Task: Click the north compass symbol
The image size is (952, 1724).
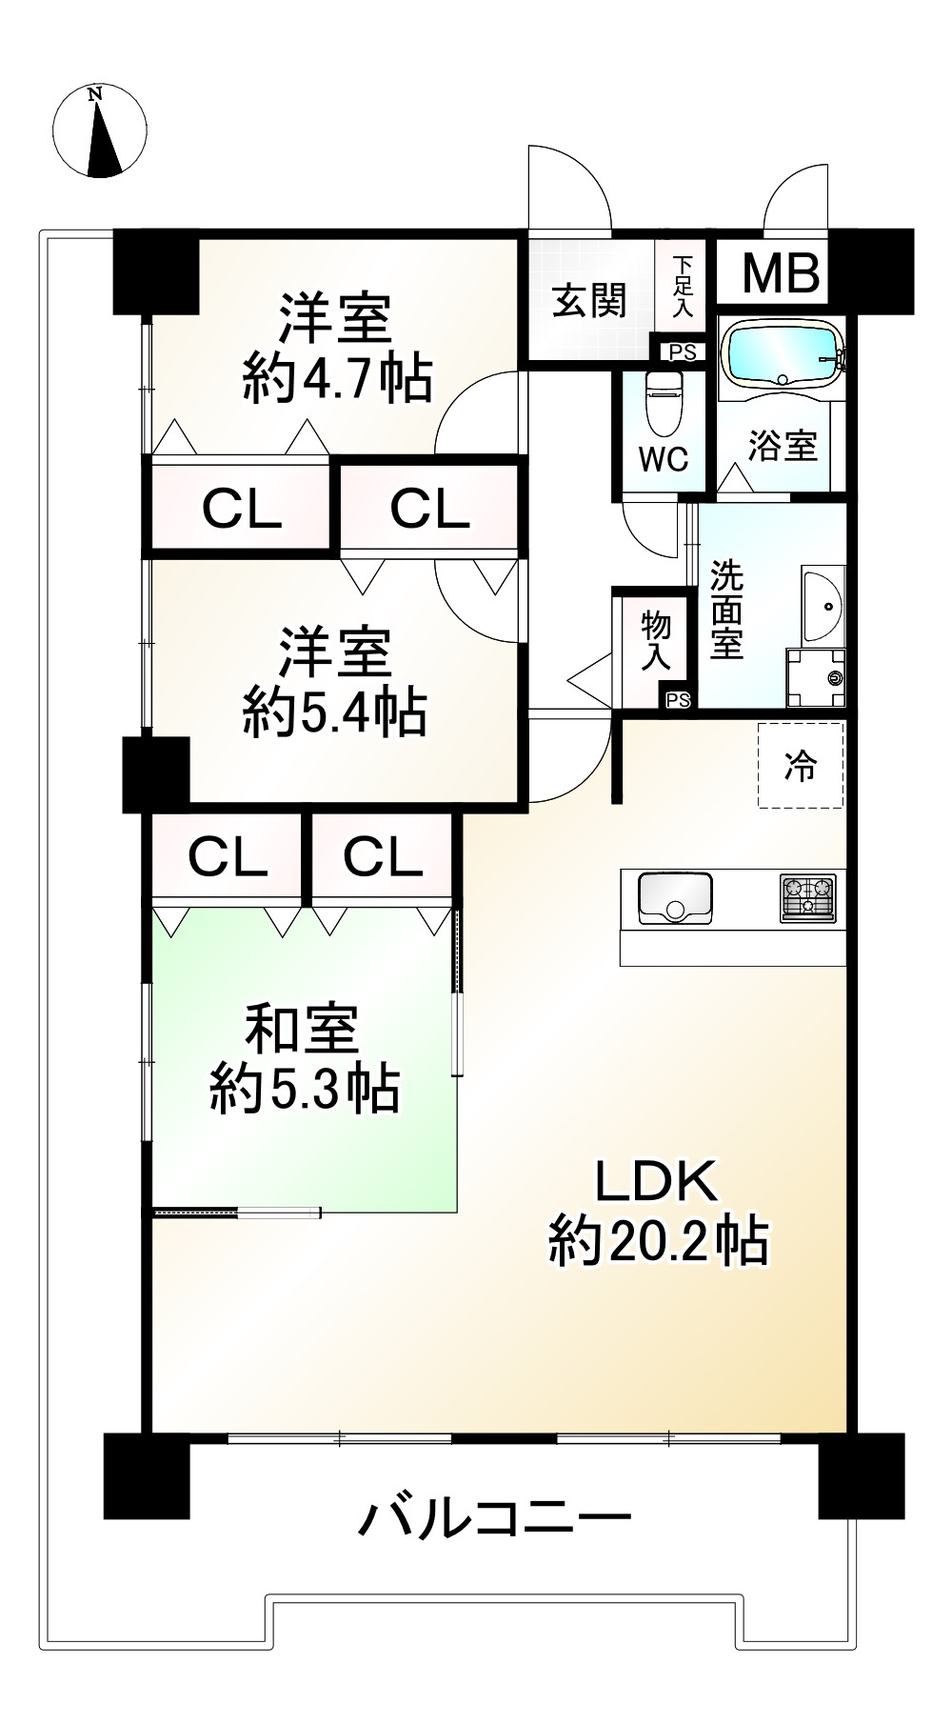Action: (100, 131)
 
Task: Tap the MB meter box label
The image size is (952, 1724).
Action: (781, 273)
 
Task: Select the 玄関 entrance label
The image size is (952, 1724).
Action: (590, 301)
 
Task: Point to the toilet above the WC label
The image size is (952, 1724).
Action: (664, 401)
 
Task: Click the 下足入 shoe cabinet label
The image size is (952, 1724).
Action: (683, 287)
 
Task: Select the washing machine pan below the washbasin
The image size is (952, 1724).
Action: (816, 678)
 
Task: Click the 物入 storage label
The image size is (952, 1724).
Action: (656, 641)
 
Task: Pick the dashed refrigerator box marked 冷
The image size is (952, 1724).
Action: (801, 766)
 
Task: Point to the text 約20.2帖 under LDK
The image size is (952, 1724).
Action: (658, 1240)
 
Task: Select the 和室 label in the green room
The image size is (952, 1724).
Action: (302, 1029)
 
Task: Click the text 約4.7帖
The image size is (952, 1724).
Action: (337, 378)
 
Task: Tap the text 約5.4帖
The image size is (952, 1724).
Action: (335, 711)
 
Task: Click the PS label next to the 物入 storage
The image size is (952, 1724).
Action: (678, 700)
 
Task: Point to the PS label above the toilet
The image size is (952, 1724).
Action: (683, 352)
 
